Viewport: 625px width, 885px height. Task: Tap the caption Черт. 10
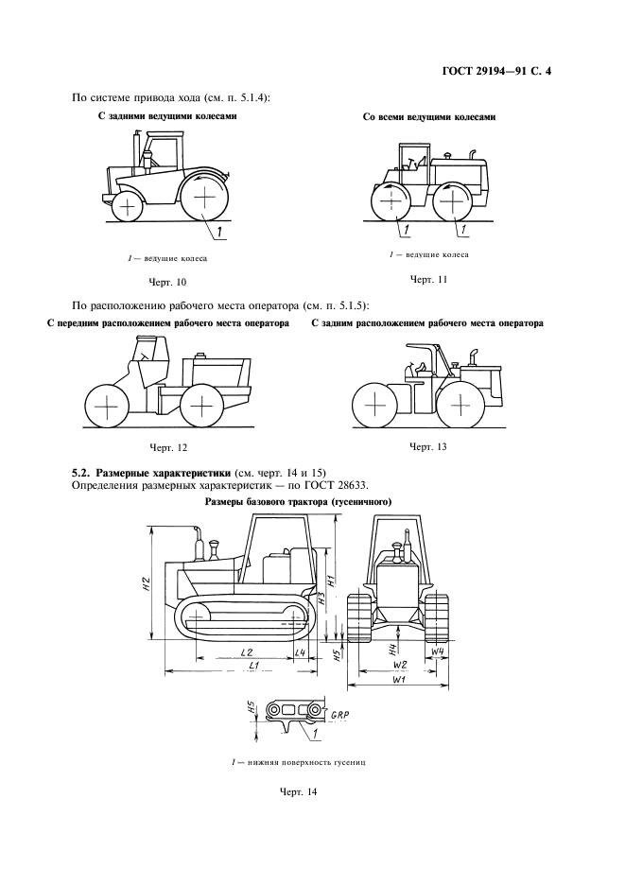point(168,282)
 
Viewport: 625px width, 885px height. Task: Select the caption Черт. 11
point(427,280)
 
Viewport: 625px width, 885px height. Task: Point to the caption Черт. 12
point(168,446)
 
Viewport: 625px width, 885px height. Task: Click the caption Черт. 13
point(427,445)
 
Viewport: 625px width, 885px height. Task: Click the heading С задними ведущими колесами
point(166,116)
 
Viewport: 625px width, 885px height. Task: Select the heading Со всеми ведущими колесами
point(429,118)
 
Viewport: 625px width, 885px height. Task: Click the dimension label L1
point(253,667)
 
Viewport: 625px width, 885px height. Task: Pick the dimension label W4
point(437,652)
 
